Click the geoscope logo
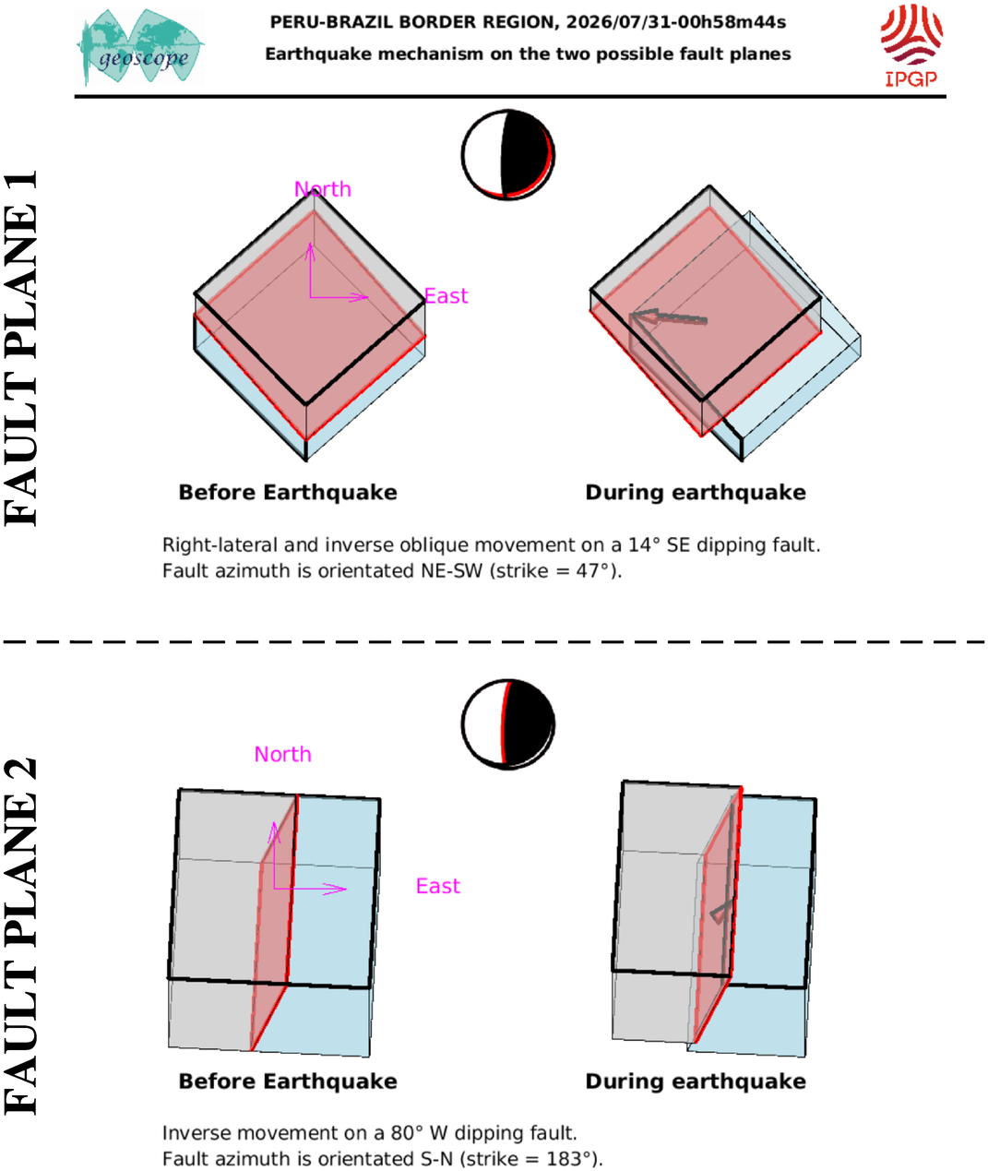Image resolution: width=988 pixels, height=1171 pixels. point(140,47)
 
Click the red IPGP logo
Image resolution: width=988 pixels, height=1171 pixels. point(911,45)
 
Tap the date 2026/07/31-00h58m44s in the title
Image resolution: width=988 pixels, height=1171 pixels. point(675,22)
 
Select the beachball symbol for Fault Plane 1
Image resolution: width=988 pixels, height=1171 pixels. point(508,155)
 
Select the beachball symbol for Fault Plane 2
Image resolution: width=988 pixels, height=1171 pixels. point(508,724)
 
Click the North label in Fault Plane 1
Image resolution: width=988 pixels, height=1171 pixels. point(323,189)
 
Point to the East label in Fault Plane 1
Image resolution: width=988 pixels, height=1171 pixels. point(446,296)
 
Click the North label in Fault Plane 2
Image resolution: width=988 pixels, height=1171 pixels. point(282,754)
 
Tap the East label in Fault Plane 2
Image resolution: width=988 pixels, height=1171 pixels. point(438,886)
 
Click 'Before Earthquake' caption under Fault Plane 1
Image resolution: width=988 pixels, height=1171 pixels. point(288,493)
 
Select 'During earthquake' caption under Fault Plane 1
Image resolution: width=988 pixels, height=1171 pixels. point(696,493)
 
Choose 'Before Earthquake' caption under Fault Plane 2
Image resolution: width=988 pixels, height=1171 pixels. point(288,1081)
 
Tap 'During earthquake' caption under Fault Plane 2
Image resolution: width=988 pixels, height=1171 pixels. point(696,1081)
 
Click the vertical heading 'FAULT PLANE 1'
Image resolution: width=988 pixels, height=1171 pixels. point(20,348)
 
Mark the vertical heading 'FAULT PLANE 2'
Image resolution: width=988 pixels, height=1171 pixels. point(20,937)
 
